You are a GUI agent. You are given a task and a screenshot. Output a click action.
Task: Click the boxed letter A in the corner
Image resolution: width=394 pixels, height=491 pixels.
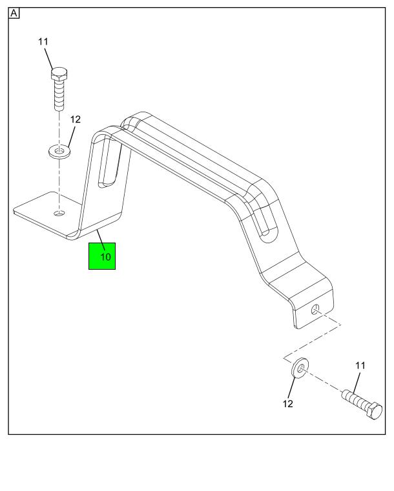tap(14, 14)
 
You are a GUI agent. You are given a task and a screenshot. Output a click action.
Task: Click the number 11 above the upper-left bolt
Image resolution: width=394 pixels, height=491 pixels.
tap(43, 42)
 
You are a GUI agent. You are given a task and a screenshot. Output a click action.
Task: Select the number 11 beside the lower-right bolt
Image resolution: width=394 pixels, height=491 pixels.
tap(360, 365)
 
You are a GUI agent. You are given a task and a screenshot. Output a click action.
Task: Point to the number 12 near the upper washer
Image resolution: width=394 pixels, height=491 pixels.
tap(76, 120)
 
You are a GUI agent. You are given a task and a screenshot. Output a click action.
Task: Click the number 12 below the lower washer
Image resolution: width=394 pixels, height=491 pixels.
tap(287, 404)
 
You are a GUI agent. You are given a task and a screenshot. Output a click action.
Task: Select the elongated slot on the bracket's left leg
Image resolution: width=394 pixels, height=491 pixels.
tap(110, 165)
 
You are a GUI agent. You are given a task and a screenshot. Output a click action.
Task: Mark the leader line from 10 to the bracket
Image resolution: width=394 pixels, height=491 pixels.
tap(100, 236)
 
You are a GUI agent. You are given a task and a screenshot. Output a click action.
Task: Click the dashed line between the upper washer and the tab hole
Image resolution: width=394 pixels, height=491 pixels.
tap(59, 184)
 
